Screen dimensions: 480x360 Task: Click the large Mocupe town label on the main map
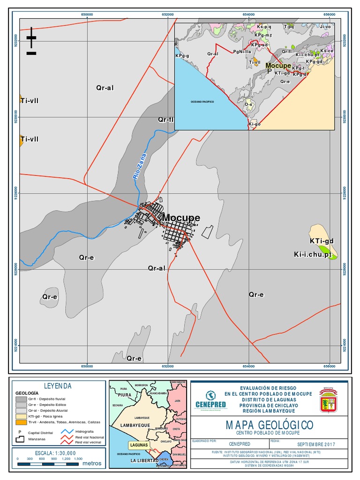(180, 218)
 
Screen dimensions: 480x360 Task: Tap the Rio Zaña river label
(140, 167)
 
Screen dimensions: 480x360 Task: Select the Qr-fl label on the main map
(165, 120)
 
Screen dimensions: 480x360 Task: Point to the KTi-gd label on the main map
(322, 241)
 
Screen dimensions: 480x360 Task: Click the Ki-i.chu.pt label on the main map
(313, 255)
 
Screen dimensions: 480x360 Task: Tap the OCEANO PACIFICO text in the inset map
(202, 102)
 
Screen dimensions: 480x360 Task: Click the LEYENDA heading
(58, 386)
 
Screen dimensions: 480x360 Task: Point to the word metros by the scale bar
(91, 463)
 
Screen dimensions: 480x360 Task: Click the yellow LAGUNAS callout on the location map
(140, 444)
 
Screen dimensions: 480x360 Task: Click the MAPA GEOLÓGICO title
(270, 425)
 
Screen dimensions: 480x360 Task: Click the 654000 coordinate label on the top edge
(248, 15)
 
